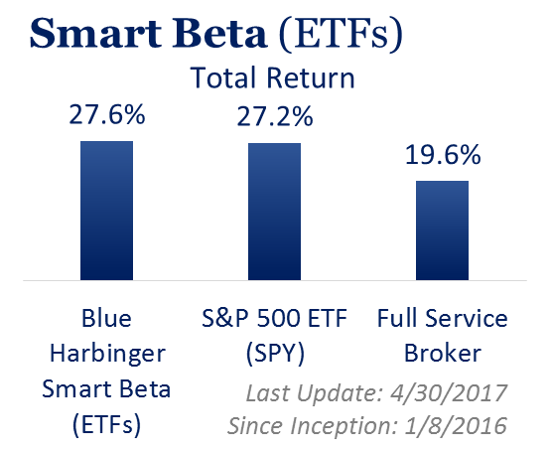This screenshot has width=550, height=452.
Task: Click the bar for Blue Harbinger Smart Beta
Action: pyautogui.click(x=106, y=211)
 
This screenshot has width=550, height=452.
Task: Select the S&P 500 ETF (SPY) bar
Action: pyautogui.click(x=274, y=212)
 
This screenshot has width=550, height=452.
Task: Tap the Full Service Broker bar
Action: pyautogui.click(x=442, y=230)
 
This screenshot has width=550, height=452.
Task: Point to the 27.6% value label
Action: pyautogui.click(x=107, y=114)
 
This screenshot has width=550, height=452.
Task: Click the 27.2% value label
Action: pyautogui.click(x=275, y=116)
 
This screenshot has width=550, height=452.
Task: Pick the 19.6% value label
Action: pyautogui.click(x=443, y=154)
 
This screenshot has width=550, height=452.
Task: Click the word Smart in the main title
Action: pyautogui.click(x=95, y=33)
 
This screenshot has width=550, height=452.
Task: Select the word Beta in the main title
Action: pyautogui.click(x=219, y=33)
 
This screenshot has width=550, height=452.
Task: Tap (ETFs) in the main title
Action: pyautogui.click(x=341, y=34)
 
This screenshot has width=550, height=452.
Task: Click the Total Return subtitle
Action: pyautogui.click(x=273, y=77)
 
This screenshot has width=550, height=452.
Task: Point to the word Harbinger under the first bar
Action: pyautogui.click(x=107, y=355)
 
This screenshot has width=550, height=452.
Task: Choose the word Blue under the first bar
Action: pyautogui.click(x=106, y=318)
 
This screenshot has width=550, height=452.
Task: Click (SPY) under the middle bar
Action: pyautogui.click(x=275, y=354)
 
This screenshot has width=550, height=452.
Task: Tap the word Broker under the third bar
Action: pyautogui.click(x=443, y=353)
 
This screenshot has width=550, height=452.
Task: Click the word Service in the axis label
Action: pyautogui.click(x=466, y=318)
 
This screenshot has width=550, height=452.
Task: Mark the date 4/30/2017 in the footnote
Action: pyautogui.click(x=449, y=392)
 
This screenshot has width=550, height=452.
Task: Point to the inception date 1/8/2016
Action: pyautogui.click(x=456, y=426)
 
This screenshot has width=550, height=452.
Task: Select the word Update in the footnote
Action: pyautogui.click(x=340, y=393)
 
